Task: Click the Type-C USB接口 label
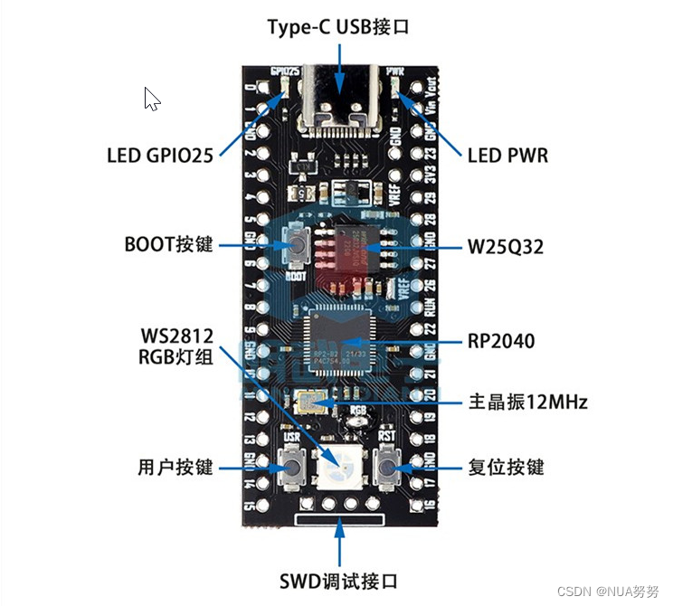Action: (x=338, y=27)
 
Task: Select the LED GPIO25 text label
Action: (x=160, y=156)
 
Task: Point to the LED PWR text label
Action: (x=507, y=156)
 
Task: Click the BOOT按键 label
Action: (x=168, y=245)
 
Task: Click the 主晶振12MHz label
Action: (x=527, y=401)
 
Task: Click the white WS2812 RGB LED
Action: (x=340, y=468)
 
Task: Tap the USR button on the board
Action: (x=292, y=468)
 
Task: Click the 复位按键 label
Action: (x=506, y=467)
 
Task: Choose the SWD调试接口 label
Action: (x=338, y=580)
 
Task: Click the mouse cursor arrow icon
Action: (x=152, y=99)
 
